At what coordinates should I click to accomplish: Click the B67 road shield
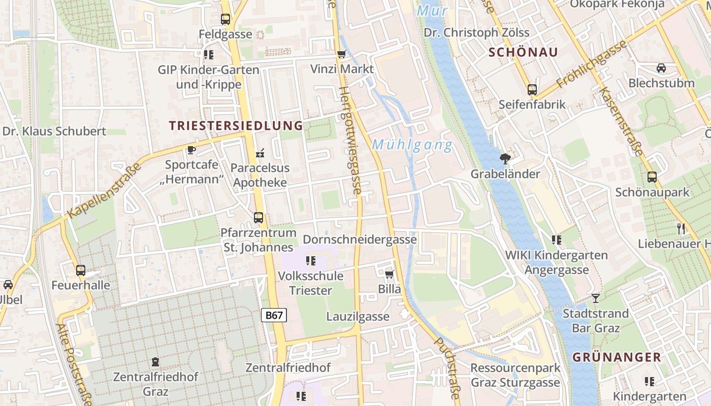coord(274,315)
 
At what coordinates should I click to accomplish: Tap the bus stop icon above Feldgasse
coord(225,19)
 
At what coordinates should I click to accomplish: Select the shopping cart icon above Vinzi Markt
coord(341,54)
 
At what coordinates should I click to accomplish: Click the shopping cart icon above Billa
coord(389,275)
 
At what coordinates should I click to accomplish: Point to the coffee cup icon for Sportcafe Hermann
coord(191,150)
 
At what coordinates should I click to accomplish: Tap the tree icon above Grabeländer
coord(505,159)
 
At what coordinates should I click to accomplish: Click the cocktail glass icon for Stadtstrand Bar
coord(595,298)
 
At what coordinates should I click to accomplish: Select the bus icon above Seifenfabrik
coord(532,90)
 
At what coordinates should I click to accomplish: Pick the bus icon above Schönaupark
coord(652,177)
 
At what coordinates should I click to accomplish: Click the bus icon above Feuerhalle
coord(80,270)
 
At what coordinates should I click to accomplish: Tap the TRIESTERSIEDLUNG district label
coord(236,126)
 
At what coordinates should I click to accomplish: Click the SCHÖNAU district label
coord(523,52)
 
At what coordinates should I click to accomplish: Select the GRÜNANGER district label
coord(617,357)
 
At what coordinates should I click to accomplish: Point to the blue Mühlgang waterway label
coord(412,146)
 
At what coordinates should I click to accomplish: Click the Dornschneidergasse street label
coord(360,239)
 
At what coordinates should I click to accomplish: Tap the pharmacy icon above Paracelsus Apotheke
coord(260,153)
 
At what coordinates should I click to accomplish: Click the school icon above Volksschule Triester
coord(310,261)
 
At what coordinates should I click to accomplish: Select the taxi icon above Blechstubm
coord(661,68)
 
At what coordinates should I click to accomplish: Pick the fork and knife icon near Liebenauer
coord(681,229)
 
